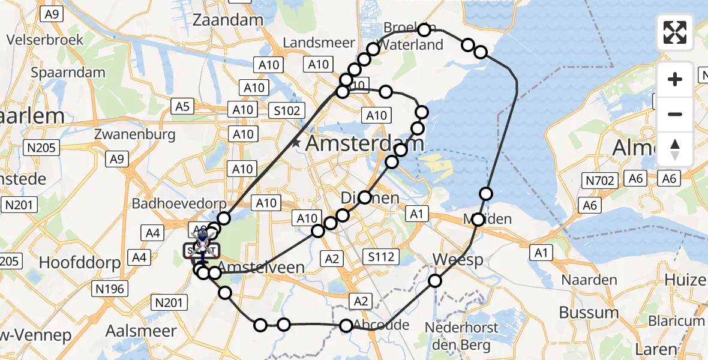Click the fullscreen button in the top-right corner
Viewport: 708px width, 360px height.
[675, 32]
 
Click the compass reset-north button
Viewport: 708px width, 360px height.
[675, 150]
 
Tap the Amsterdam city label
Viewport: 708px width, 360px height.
[365, 144]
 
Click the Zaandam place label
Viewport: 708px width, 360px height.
[228, 20]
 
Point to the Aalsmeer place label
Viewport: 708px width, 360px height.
[141, 331]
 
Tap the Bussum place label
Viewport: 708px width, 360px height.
[589, 312]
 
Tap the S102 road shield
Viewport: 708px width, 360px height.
[287, 110]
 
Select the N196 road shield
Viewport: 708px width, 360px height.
[110, 289]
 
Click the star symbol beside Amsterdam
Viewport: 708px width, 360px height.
[296, 143]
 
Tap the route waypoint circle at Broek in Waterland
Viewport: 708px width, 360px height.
[425, 30]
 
